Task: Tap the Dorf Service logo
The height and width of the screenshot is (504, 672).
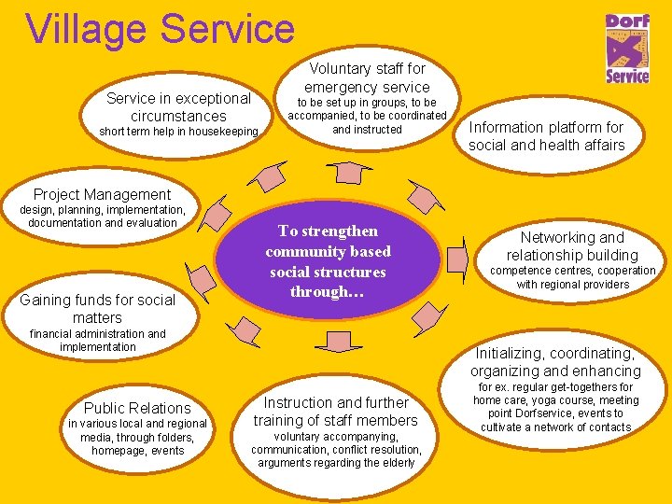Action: pos(627,49)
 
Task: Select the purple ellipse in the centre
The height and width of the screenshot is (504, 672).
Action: pos(328,261)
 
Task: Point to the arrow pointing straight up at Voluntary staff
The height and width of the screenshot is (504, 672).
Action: pos(348,171)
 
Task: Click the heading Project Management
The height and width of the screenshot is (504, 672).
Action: pos(102,194)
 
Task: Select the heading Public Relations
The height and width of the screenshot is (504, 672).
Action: pos(137,407)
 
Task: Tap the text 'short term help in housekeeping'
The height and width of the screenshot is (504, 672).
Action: pos(178,132)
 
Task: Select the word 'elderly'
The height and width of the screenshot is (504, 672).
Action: pos(395,463)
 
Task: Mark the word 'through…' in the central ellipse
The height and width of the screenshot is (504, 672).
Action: pos(328,292)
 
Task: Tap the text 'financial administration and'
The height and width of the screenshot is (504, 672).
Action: pos(97,333)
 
